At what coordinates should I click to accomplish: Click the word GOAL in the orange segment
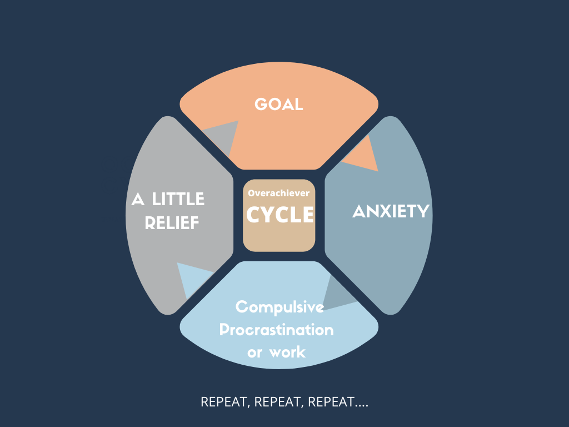(x=279, y=105)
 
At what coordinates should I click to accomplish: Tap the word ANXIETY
(x=391, y=211)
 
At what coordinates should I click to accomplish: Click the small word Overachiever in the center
(x=279, y=193)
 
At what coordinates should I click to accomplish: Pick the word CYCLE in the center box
(x=279, y=215)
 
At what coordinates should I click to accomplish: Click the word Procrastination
(x=276, y=330)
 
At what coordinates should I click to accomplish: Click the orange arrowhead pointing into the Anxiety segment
(x=364, y=157)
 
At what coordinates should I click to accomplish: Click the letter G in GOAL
(x=261, y=105)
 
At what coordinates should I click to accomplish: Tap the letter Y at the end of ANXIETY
(x=424, y=211)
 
